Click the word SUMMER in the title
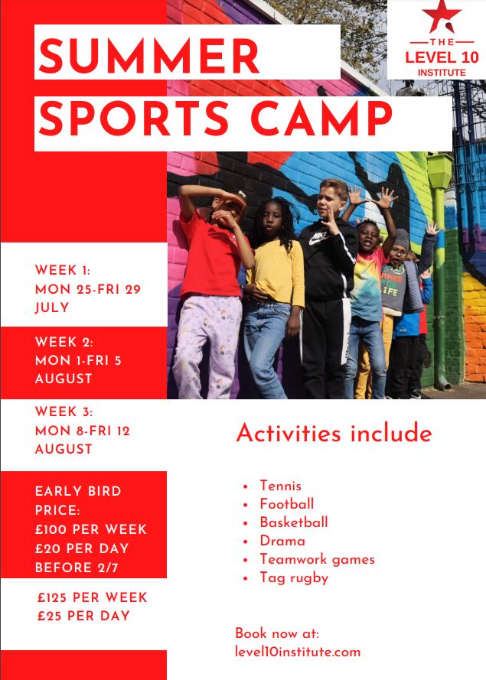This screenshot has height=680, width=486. (148, 56)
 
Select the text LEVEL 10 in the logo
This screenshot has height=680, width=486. (442, 57)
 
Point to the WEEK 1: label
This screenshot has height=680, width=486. (63, 270)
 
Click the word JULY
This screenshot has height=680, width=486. (52, 307)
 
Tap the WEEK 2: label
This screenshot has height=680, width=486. (64, 342)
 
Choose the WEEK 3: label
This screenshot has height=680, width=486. (64, 412)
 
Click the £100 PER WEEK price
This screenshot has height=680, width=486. (91, 529)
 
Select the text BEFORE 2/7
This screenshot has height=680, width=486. (77, 568)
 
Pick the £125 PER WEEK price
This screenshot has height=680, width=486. (93, 597)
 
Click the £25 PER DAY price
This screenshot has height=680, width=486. (83, 616)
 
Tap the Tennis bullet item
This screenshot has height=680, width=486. (280, 486)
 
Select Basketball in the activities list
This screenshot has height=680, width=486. (294, 522)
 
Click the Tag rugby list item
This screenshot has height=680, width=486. (294, 578)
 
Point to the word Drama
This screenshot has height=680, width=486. (282, 541)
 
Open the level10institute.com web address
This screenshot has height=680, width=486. (298, 652)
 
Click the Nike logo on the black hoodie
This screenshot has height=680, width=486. (318, 238)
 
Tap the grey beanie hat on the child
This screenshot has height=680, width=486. (401, 238)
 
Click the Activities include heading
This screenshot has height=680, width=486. (334, 433)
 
